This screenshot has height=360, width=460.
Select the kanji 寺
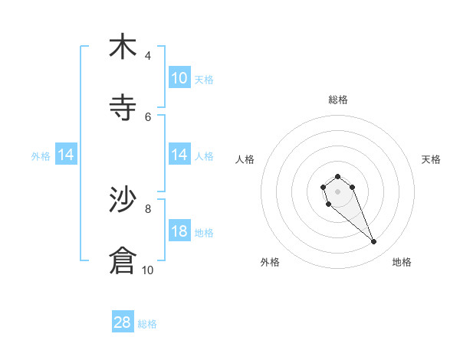click(x=123, y=107)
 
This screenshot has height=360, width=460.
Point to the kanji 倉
click(x=123, y=260)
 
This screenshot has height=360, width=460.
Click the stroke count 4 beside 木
click(x=148, y=56)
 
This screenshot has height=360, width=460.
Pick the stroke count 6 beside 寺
click(x=148, y=116)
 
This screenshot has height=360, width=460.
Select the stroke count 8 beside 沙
click(x=148, y=208)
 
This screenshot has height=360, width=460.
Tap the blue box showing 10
click(x=179, y=78)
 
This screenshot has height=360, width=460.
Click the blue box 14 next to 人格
click(x=179, y=155)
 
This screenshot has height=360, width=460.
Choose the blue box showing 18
click(x=179, y=231)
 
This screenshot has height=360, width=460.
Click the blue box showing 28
click(x=123, y=322)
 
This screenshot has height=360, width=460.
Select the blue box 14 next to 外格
click(x=66, y=155)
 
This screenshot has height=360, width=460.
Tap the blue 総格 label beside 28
click(x=147, y=324)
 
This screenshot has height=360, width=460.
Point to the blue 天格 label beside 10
click(x=204, y=80)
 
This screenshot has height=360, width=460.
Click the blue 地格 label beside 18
click(x=204, y=233)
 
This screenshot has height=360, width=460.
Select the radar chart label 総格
click(x=338, y=100)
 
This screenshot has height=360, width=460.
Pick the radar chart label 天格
click(x=431, y=159)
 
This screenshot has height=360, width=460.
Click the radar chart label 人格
click(x=245, y=159)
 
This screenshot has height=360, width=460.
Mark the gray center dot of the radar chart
click(x=337, y=191)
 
